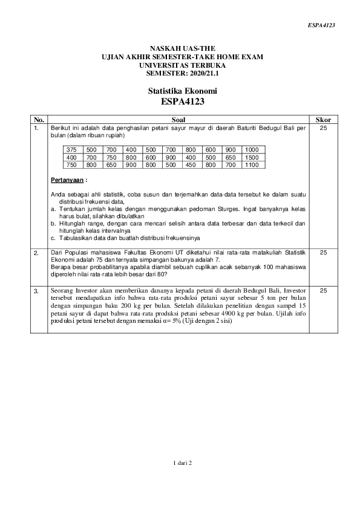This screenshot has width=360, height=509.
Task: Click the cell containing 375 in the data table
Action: (72, 149)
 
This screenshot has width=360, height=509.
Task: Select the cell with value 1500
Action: (252, 157)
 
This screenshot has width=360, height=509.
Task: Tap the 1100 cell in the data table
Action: (252, 164)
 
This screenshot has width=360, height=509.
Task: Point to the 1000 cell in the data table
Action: (252, 149)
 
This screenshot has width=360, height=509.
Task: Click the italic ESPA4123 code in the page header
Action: (321, 25)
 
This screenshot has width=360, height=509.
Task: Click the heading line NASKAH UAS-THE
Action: (182, 49)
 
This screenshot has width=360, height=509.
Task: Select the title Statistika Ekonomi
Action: (182, 91)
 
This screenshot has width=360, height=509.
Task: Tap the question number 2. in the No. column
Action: (37, 252)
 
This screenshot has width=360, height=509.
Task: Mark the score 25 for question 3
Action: (323, 291)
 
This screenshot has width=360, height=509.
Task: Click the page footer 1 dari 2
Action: (182, 463)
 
